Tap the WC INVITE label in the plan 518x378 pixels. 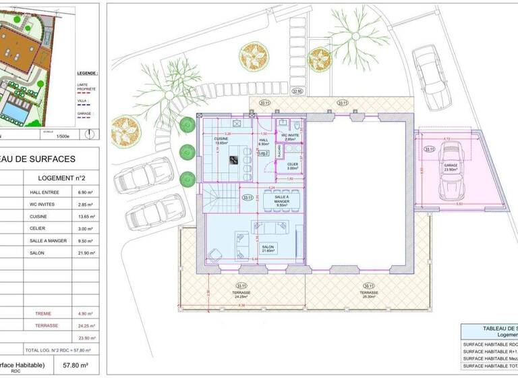(291, 136)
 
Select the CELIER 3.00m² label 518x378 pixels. (292, 166)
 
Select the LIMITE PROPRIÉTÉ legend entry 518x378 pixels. (87, 86)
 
